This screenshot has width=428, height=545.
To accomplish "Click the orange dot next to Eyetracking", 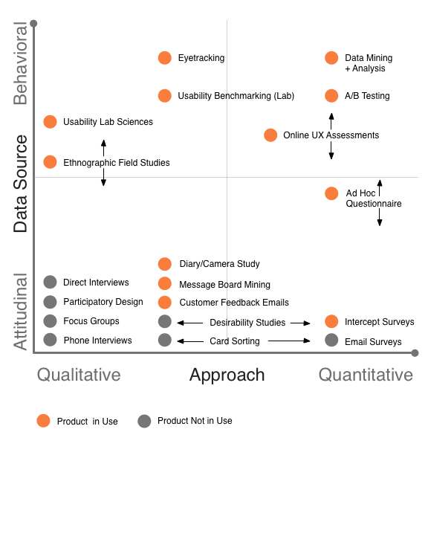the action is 165,58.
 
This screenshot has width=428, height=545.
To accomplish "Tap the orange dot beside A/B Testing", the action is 331,96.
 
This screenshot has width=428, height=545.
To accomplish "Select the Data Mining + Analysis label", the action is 369,63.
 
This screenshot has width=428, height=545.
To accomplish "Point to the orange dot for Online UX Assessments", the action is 270,135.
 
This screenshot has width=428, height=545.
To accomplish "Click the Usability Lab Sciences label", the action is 108,122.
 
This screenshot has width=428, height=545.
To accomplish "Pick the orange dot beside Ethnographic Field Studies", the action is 50,162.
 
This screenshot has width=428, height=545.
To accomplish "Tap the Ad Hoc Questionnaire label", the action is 374,198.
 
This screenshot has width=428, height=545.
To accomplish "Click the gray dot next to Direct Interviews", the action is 50,282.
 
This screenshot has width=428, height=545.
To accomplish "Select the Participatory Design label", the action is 103,302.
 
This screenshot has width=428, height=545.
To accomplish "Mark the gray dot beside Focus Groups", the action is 50,320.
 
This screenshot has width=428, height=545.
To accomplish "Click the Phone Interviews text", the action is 97,341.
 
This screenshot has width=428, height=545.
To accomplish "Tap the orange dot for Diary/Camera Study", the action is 165,264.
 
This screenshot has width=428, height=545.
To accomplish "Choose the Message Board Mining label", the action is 224,285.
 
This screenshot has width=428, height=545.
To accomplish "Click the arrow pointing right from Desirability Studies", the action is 300,323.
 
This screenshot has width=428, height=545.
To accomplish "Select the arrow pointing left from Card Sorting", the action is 190,341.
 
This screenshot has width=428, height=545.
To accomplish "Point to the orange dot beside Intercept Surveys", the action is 331,321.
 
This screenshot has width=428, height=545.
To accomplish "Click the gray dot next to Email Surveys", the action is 331,340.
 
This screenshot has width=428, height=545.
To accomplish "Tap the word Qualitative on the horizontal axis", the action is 79,375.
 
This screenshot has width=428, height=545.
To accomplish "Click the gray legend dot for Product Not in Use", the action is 144,421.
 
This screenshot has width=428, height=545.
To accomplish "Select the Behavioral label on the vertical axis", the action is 20,63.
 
